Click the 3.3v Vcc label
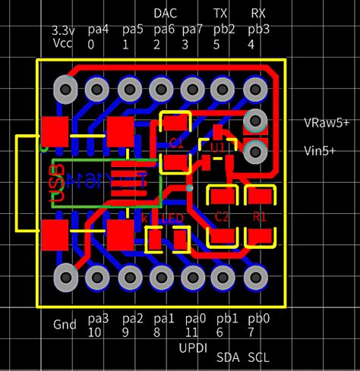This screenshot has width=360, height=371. (63, 36)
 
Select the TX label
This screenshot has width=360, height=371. (220, 13)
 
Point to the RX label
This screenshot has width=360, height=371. (258, 13)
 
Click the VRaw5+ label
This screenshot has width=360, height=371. (327, 121)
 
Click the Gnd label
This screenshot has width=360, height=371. (65, 325)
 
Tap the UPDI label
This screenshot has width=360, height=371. (193, 348)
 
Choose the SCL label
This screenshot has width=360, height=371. (258, 357)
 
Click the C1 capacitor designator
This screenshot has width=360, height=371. (176, 142)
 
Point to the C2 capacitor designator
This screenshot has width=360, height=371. (222, 216)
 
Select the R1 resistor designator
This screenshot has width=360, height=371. (260, 216)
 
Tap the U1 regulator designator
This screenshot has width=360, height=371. (218, 146)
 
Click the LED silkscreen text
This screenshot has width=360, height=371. (174, 219)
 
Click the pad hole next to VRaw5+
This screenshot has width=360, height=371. (256, 120)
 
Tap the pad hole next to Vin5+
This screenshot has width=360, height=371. (256, 152)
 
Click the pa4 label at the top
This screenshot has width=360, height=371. (98, 30)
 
